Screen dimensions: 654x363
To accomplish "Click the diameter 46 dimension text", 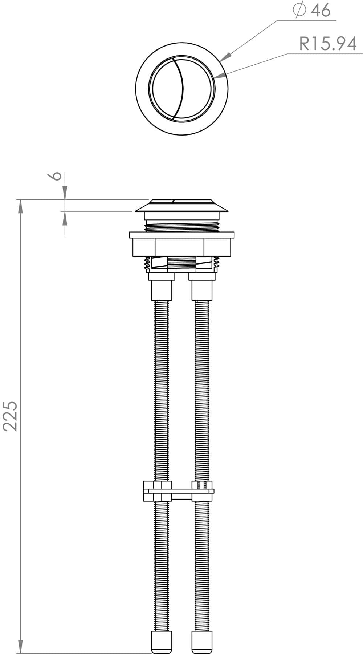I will (313, 10).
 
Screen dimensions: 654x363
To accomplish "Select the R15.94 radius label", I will (327, 44).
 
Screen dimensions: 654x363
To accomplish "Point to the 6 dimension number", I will (55, 176).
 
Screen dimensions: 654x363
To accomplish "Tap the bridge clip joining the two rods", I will (179, 491).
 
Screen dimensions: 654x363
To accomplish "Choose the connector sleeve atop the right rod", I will (202, 290).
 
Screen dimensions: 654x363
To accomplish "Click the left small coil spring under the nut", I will (147, 264).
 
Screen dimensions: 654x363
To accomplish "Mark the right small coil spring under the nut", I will (217, 264).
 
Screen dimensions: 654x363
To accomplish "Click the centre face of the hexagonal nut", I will (179, 247).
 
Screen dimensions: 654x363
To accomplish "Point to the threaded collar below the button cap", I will (181, 227).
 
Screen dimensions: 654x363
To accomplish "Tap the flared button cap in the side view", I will (181, 207).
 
